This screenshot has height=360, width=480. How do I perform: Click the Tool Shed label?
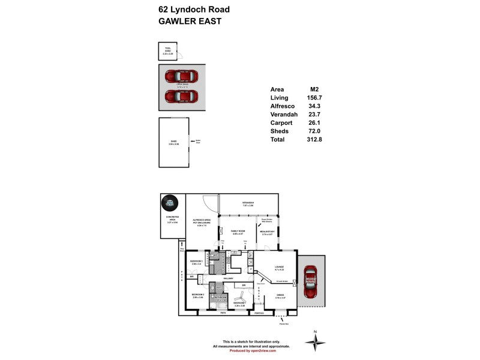click(x=167, y=50)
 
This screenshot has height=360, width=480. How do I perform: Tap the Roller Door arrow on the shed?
click(x=193, y=142)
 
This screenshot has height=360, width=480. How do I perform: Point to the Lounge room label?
click(x=280, y=268)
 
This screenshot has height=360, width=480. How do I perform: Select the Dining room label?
click(x=280, y=295)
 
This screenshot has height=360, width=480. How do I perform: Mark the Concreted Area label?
click(x=171, y=220)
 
